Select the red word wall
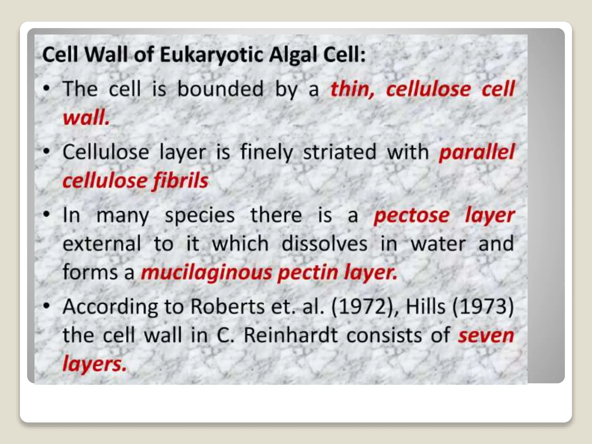[x=86, y=118]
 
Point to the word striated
[x=340, y=152]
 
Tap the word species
[x=200, y=215]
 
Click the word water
[x=438, y=244]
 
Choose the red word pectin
[x=308, y=273]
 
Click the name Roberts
[x=227, y=306]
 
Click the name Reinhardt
[x=291, y=335]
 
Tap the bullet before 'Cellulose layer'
[x=47, y=152]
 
